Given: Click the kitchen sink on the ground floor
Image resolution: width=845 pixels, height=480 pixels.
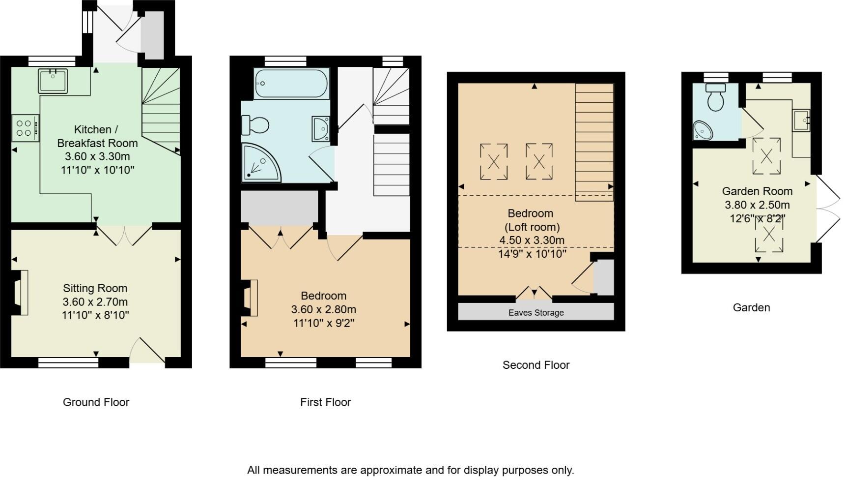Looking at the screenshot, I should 53,81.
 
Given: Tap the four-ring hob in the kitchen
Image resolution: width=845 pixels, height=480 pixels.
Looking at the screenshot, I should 25,128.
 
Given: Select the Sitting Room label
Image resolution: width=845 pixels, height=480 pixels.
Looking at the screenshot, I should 95,288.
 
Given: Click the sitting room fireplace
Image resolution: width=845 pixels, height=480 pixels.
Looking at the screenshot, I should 21,292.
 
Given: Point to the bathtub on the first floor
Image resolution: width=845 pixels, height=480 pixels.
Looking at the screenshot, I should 291,84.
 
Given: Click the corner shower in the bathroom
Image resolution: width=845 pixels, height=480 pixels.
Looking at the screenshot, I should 260,163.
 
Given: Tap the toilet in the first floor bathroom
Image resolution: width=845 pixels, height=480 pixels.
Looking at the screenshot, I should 255,125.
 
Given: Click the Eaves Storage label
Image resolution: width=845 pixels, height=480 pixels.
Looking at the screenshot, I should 536,313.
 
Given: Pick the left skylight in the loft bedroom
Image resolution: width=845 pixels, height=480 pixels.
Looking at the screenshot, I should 494,161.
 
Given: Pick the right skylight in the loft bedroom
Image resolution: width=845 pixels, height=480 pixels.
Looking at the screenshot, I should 539,161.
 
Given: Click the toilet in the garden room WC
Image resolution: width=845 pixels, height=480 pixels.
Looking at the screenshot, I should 715,97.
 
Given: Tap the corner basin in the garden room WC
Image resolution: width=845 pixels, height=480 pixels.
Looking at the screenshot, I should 703,131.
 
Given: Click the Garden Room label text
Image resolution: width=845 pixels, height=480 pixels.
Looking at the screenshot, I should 757,191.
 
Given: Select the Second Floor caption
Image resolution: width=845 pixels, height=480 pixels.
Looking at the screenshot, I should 536,365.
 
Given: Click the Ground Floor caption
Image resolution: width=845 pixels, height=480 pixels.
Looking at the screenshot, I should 96,402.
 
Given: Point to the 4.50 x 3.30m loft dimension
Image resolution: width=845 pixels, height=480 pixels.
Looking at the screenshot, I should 532,240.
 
